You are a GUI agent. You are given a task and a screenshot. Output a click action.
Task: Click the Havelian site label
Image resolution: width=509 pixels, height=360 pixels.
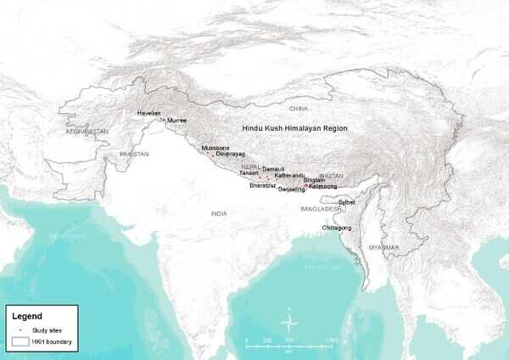click(x=148, y=113)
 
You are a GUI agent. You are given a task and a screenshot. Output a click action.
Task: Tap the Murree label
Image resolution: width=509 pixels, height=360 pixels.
click(x=177, y=121)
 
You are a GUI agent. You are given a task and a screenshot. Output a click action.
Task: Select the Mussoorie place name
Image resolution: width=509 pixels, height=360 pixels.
click(x=215, y=148)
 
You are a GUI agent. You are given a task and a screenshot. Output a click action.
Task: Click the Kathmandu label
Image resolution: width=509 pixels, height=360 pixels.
click(x=290, y=175)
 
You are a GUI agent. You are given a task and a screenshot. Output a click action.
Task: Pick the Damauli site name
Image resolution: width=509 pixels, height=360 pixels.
click(x=273, y=169)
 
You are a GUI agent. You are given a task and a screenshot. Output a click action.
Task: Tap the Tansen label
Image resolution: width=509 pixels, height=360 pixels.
click(x=260, y=173)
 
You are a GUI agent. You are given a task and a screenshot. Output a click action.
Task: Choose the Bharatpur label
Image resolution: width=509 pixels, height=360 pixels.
click(x=264, y=184)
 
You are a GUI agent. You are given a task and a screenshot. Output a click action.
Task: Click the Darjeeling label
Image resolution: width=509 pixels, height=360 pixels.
click(x=291, y=189)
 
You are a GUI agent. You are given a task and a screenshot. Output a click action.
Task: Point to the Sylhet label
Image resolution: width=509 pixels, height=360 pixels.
click(x=346, y=202)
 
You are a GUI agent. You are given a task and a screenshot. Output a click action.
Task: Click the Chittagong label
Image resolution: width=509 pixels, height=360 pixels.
click(x=338, y=228)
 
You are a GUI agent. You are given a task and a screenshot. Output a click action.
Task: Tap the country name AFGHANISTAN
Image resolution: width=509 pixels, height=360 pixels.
click(x=88, y=132)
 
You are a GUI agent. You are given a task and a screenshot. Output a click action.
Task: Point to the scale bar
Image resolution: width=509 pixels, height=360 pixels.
click(x=288, y=344)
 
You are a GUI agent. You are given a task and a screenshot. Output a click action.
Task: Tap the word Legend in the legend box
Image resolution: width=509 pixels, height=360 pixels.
click(x=26, y=316)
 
